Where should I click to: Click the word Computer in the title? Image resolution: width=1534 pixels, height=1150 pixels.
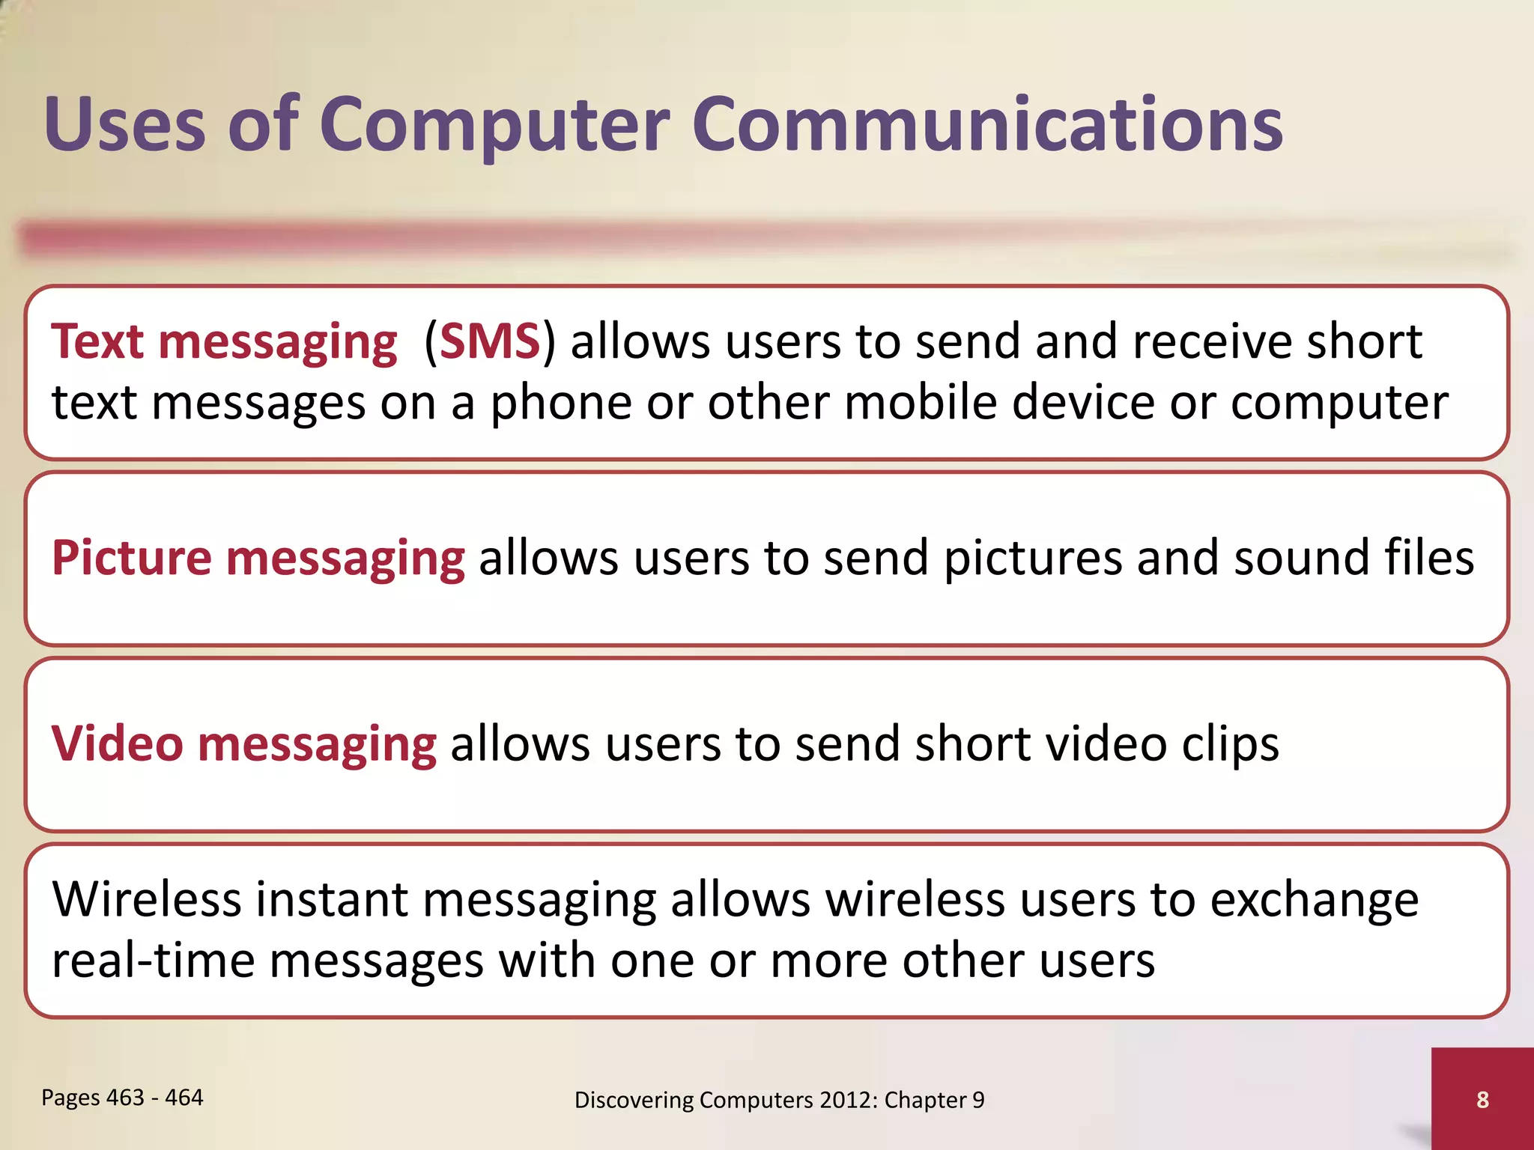pyautogui.click(x=494, y=126)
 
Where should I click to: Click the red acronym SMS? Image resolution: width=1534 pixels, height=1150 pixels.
pyautogui.click(x=490, y=341)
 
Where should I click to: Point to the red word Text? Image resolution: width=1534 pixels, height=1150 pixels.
pyautogui.click(x=97, y=341)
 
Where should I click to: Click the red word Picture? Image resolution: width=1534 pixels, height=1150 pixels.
pyautogui.click(x=132, y=558)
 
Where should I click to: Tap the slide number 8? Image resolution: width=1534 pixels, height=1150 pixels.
pyautogui.click(x=1482, y=1099)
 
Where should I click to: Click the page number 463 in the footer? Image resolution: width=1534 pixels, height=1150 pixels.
pyautogui.click(x=125, y=1098)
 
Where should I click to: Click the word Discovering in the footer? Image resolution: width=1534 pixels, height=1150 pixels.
pyautogui.click(x=634, y=1100)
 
